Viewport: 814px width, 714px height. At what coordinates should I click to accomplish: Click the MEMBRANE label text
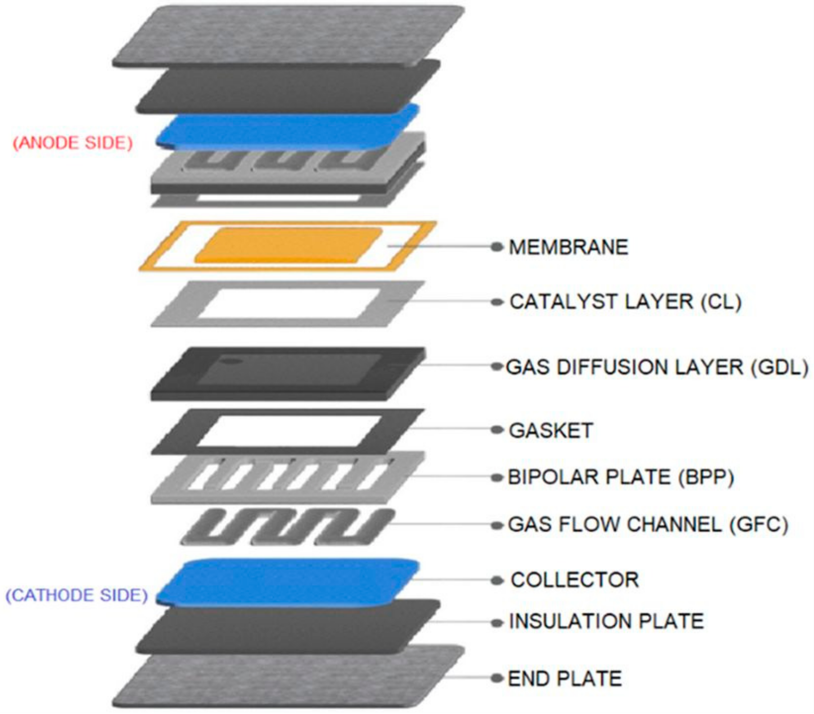568,247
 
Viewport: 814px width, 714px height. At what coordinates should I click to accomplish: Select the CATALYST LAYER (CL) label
625,302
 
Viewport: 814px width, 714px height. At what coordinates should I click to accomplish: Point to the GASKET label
550,431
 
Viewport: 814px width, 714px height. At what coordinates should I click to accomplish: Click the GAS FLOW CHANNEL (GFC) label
647,525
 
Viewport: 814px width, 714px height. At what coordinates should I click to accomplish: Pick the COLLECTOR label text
574,580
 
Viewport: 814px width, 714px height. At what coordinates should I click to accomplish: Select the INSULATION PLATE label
606,622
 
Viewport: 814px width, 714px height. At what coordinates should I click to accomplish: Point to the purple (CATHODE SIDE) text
77,596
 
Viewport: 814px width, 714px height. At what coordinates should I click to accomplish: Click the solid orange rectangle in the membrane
288,246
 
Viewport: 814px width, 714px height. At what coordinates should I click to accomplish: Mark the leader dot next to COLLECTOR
497,581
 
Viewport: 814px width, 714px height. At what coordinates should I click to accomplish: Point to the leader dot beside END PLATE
497,678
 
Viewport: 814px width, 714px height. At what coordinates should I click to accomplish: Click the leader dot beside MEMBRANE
497,247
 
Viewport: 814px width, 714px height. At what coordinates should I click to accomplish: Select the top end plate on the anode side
288,34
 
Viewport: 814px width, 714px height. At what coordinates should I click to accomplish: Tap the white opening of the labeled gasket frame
288,431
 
